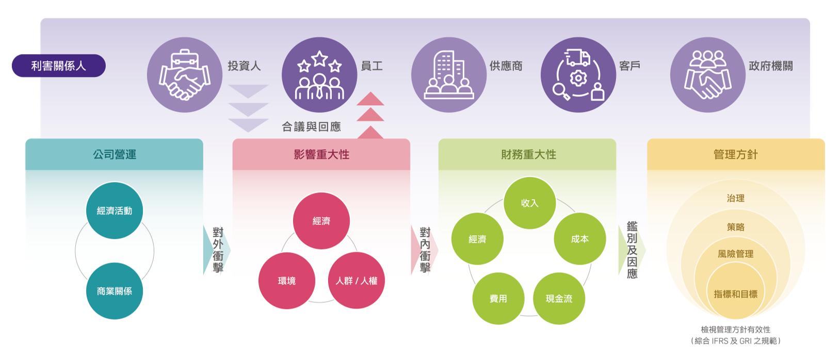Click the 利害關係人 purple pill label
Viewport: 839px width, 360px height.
[x=58, y=66]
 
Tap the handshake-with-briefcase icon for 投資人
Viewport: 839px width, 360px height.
[x=185, y=75]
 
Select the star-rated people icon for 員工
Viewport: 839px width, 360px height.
[x=319, y=75]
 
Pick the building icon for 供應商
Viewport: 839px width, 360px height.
[x=449, y=75]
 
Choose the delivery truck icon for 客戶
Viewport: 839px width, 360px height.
[x=578, y=75]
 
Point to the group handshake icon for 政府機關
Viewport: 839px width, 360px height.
[x=708, y=75]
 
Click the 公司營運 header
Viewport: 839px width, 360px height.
[x=114, y=154]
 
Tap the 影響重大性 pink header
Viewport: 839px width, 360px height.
[x=321, y=154]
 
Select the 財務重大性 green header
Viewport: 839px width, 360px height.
[x=528, y=154]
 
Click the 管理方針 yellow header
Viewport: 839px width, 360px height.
[x=736, y=154]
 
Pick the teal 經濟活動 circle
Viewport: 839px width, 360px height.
[x=115, y=210]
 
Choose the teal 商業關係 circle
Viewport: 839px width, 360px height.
[x=115, y=291]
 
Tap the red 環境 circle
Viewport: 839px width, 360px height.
[x=287, y=281]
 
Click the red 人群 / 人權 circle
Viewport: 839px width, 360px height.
[x=357, y=281]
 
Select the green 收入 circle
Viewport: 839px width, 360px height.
[x=529, y=203]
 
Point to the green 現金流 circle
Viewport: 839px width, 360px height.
[x=559, y=299]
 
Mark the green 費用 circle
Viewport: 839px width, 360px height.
[x=498, y=299]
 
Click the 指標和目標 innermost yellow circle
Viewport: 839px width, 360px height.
[x=736, y=294]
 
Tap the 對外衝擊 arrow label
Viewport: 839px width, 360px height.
[x=218, y=250]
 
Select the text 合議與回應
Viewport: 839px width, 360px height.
[x=311, y=127]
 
